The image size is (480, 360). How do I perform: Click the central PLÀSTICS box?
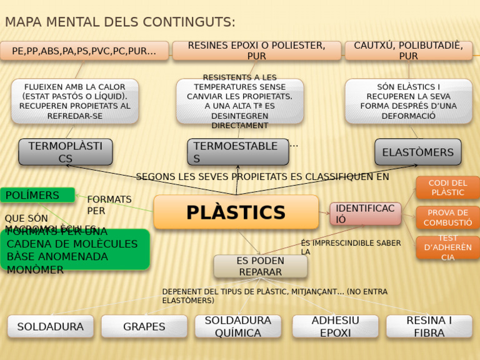(x=236, y=212)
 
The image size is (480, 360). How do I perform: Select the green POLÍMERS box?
(x=37, y=195)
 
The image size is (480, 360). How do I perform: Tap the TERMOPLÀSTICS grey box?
(x=66, y=152)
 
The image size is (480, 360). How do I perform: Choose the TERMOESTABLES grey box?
(x=237, y=152)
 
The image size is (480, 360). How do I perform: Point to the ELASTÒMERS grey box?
(x=417, y=152)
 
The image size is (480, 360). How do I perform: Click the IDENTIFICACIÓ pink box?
(x=365, y=214)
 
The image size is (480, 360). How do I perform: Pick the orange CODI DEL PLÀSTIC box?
(x=447, y=187)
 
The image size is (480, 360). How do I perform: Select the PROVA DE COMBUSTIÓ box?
(x=447, y=217)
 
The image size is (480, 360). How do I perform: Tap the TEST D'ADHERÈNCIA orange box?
(x=447, y=247)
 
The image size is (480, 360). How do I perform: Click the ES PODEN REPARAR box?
(x=260, y=266)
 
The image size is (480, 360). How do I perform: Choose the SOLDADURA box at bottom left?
(x=51, y=326)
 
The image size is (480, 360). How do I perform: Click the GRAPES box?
(x=144, y=326)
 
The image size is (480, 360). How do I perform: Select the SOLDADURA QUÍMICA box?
(x=237, y=326)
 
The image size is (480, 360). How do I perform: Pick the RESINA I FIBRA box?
(x=429, y=326)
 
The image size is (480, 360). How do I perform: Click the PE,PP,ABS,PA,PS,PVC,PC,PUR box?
(x=84, y=51)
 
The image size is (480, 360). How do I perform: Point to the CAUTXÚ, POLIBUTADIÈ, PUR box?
(x=408, y=51)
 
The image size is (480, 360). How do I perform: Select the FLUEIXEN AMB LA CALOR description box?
(x=75, y=101)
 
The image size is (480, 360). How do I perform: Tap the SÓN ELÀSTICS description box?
(x=408, y=101)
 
